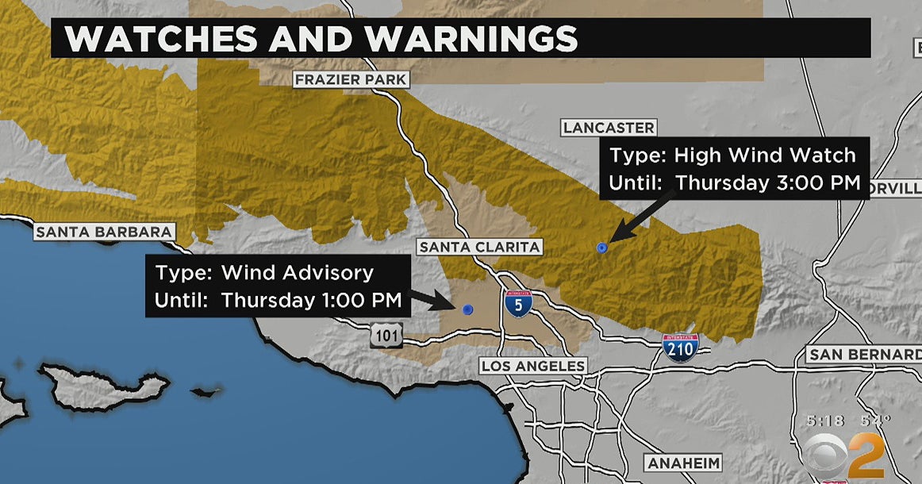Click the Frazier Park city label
[351, 80]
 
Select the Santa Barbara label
[104, 232]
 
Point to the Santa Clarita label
[480, 247]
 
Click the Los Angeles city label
[533, 366]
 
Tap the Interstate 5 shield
[517, 304]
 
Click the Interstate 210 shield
[681, 348]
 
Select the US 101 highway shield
[386, 336]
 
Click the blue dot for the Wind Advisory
[467, 309]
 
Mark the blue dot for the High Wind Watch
[601, 248]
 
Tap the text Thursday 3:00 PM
[767, 182]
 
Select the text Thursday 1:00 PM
[311, 300]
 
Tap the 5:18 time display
[823, 420]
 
